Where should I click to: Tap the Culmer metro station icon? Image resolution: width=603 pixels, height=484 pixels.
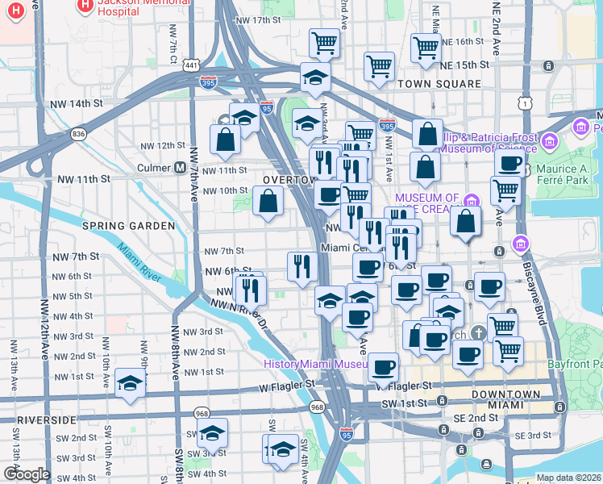[181, 169]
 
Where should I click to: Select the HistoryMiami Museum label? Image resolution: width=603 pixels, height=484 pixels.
[318, 364]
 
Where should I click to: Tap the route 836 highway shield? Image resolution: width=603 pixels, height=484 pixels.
[78, 133]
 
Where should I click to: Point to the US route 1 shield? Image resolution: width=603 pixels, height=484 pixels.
[526, 102]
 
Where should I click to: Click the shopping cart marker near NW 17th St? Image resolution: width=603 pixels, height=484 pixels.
[324, 43]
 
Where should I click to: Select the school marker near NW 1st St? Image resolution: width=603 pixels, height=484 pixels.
[129, 382]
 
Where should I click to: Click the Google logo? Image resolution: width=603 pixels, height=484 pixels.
[27, 474]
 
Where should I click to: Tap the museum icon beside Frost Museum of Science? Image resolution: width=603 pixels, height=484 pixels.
[551, 142]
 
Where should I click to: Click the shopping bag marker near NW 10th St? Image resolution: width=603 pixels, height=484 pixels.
[268, 200]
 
